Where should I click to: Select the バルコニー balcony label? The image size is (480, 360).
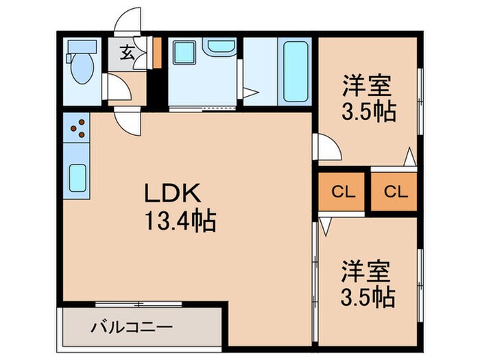point(131,327)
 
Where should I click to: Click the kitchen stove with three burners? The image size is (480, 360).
point(77,128)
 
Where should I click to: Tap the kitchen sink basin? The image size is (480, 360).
point(77,179)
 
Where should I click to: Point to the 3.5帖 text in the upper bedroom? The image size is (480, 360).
point(369,111)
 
